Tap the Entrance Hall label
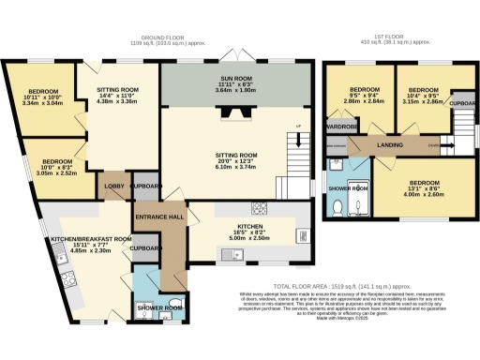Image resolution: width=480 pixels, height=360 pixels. coord(158,217)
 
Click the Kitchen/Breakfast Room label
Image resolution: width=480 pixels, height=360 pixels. coord(79,239)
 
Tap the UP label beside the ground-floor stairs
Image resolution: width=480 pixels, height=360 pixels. coord(298,127)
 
